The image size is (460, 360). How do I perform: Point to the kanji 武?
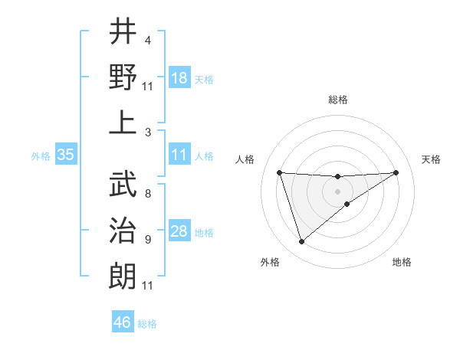[x=123, y=183]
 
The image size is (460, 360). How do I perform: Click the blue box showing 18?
[x=179, y=78]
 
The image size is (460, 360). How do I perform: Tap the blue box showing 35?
[x=66, y=155]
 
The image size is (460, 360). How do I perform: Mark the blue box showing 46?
[x=123, y=322]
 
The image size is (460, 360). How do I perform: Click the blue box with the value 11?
[x=179, y=155]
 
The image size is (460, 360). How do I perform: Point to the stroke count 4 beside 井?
[x=147, y=40]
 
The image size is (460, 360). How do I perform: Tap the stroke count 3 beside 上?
[x=147, y=132]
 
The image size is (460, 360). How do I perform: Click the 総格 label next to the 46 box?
[x=147, y=323]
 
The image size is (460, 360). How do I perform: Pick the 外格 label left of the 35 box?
[x=41, y=155]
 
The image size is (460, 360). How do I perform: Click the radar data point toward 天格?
[x=396, y=172]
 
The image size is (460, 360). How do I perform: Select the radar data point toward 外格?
[x=301, y=242]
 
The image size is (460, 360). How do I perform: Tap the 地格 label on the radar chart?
[x=402, y=262]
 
